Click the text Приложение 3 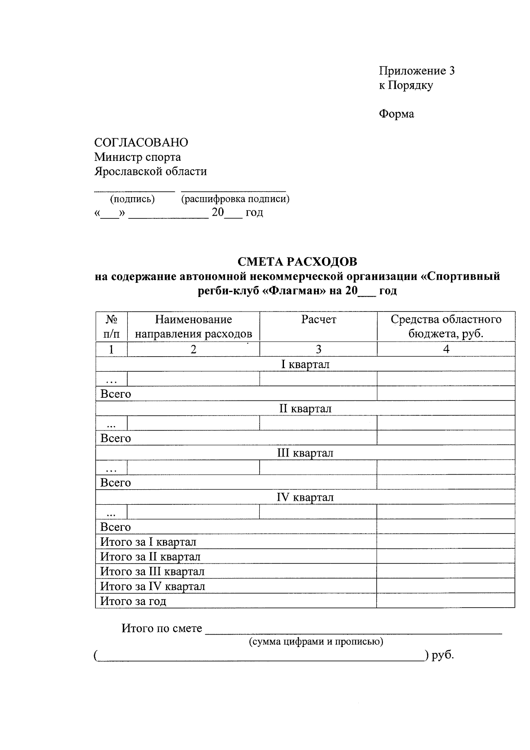click(x=416, y=71)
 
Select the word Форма click(x=396, y=114)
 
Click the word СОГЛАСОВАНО click(x=141, y=142)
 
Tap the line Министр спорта click(x=137, y=157)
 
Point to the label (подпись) click(x=132, y=199)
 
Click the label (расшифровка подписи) click(x=235, y=199)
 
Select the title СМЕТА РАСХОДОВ click(x=297, y=262)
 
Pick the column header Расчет click(x=318, y=320)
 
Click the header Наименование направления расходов click(x=193, y=327)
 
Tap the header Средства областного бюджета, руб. click(x=446, y=327)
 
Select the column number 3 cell click(x=318, y=349)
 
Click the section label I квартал click(x=305, y=364)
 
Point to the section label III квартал click(x=305, y=453)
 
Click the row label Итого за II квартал click(x=150, y=556)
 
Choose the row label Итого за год click(x=133, y=601)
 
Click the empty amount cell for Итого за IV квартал click(x=446, y=586)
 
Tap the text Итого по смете click(x=162, y=628)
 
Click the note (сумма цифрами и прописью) click(x=316, y=641)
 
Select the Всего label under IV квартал click(x=116, y=527)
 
